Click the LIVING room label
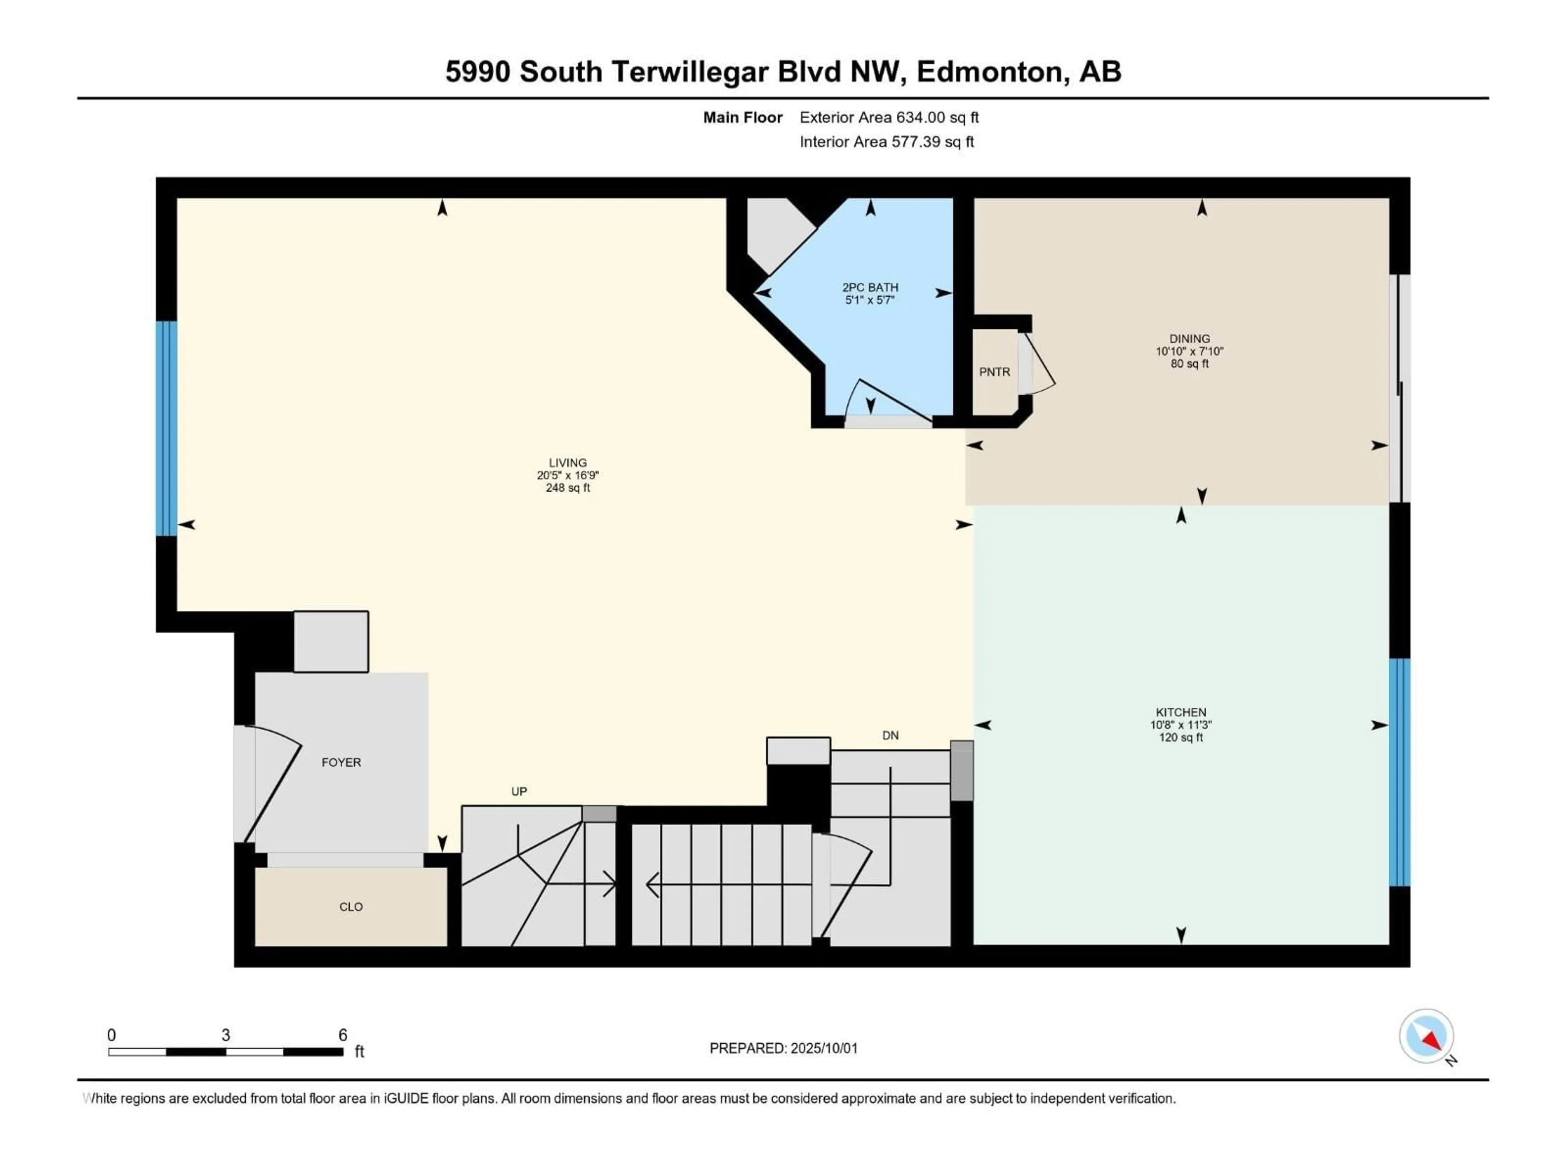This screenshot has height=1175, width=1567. pos(568,463)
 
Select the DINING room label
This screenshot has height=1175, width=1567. pos(1190,339)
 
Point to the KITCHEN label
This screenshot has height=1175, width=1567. pos(1181,712)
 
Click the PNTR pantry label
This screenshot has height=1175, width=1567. pos(994,372)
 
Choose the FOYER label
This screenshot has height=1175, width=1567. pos(342,762)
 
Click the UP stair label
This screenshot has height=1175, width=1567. pos(519,791)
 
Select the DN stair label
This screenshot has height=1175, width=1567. pos(890,735)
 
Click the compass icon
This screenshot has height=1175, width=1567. pos(1427,1035)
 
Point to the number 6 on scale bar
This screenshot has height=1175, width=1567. pos(343,1035)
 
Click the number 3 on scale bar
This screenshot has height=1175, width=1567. pos(226,1035)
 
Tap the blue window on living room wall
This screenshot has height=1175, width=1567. pos(166,428)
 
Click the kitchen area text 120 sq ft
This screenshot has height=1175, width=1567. pos(1181,737)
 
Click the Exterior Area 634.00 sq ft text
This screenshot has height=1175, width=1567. pos(889,117)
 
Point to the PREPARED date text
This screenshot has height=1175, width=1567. pos(783,1048)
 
